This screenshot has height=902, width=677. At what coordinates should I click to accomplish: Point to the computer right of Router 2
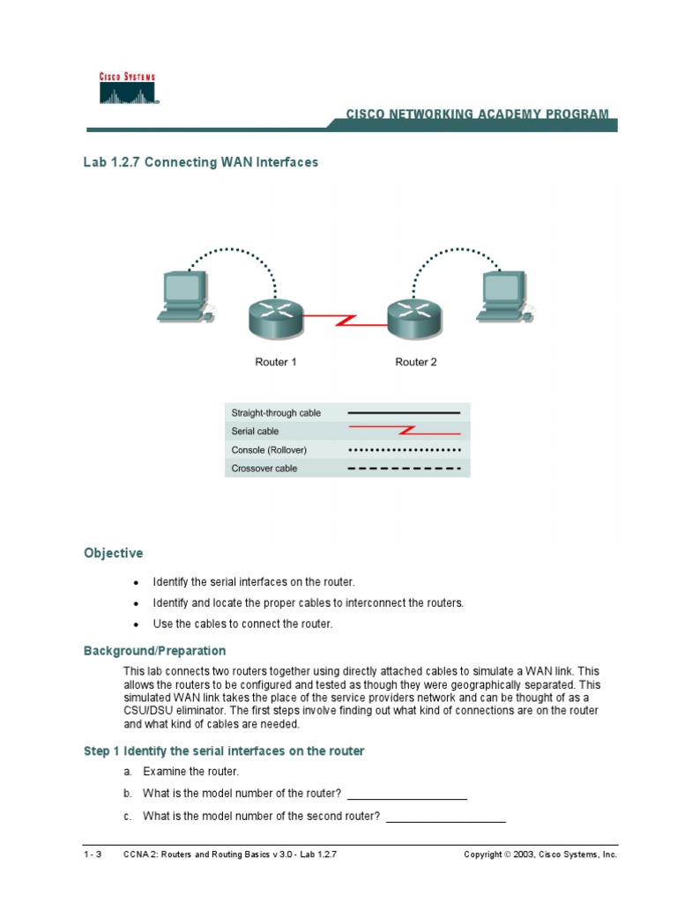pos(502,297)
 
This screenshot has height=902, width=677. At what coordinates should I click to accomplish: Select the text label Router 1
pos(275,362)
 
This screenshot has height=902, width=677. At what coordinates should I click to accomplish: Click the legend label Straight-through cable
pos(276,412)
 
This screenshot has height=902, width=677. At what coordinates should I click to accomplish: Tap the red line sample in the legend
pos(405,432)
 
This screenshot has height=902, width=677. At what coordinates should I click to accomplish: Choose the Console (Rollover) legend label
pos(269,450)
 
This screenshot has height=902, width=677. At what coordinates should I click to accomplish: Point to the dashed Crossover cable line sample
pos(405,469)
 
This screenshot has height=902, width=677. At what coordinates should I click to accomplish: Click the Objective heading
pos(113,553)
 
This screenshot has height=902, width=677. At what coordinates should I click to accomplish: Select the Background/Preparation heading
pos(154,651)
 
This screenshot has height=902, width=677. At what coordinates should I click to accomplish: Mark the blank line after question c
pos(446,820)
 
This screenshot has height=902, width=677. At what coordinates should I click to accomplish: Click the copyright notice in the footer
pos(540,854)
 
